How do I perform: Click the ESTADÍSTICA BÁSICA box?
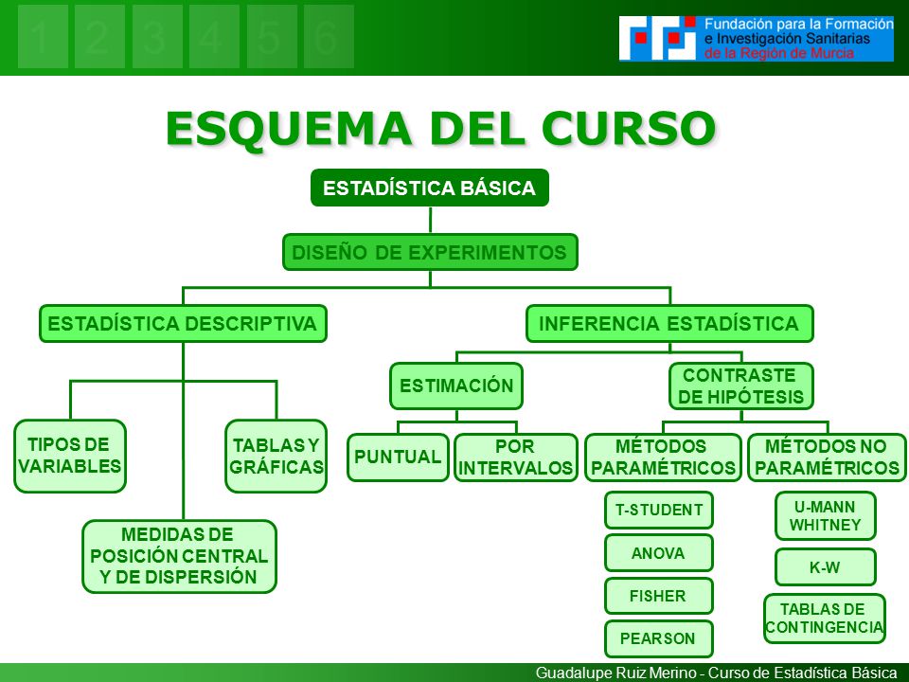(430, 188)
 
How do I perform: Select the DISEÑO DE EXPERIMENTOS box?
(430, 252)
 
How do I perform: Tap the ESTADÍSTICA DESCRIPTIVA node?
(183, 323)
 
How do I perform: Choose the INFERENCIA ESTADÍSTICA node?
(668, 323)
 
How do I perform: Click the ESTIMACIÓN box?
(456, 386)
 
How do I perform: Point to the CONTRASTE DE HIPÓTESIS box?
(740, 386)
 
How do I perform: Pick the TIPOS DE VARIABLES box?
(69, 456)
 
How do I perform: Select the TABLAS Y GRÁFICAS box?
(276, 456)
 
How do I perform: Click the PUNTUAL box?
(398, 458)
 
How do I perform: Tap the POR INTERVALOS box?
(515, 458)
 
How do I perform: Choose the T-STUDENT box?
(659, 511)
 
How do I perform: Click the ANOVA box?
(659, 553)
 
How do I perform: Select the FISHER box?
(659, 596)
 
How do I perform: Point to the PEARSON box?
(659, 638)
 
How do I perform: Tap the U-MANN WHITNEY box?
(825, 515)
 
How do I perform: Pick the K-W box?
(825, 567)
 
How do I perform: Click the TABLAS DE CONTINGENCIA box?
(825, 618)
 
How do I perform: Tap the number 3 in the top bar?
(157, 37)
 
